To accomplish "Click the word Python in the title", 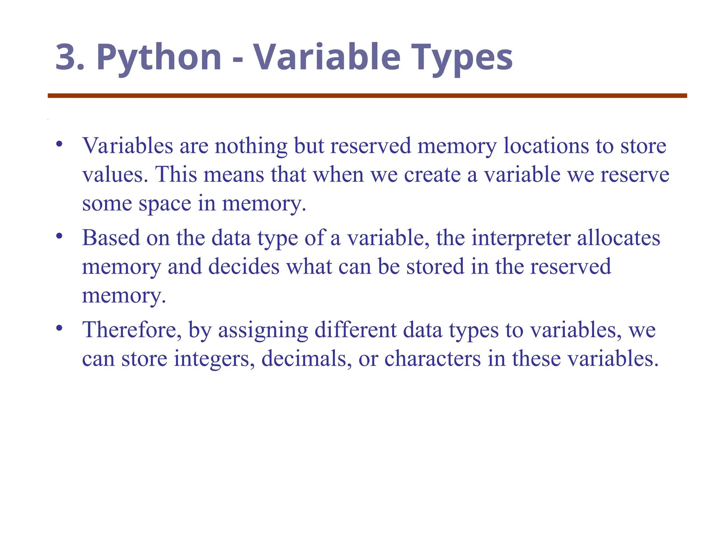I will [159, 57].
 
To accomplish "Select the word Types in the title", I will [462, 57].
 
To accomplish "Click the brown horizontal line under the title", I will [367, 96].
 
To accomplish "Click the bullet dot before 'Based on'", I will [59, 236].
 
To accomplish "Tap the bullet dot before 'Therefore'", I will [59, 328].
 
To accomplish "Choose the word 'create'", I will [432, 174].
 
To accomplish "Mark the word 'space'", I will [165, 204].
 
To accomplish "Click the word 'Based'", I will [111, 238].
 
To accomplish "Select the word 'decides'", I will [244, 267].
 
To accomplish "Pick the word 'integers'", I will [214, 359].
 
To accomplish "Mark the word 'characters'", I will [433, 359].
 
